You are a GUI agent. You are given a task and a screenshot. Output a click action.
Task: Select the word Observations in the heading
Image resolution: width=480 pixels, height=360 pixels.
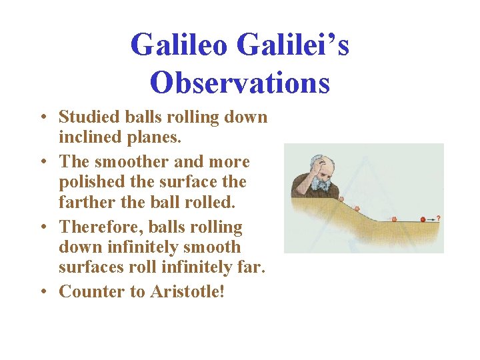tap(240, 83)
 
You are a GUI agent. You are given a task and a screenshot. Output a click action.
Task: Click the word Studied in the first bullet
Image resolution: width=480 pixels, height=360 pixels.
tap(83, 117)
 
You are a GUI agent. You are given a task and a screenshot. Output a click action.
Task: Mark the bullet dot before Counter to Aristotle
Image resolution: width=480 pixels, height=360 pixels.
tap(41, 292)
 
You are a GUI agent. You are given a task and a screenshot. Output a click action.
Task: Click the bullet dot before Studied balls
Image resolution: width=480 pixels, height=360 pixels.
tap(41, 117)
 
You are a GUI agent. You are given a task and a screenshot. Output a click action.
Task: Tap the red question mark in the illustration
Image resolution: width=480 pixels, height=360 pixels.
tap(438, 218)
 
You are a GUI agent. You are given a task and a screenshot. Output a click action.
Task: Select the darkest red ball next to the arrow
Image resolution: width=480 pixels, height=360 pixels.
tap(423, 219)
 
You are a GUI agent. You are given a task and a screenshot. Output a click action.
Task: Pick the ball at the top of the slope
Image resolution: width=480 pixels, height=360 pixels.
tap(339, 199)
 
